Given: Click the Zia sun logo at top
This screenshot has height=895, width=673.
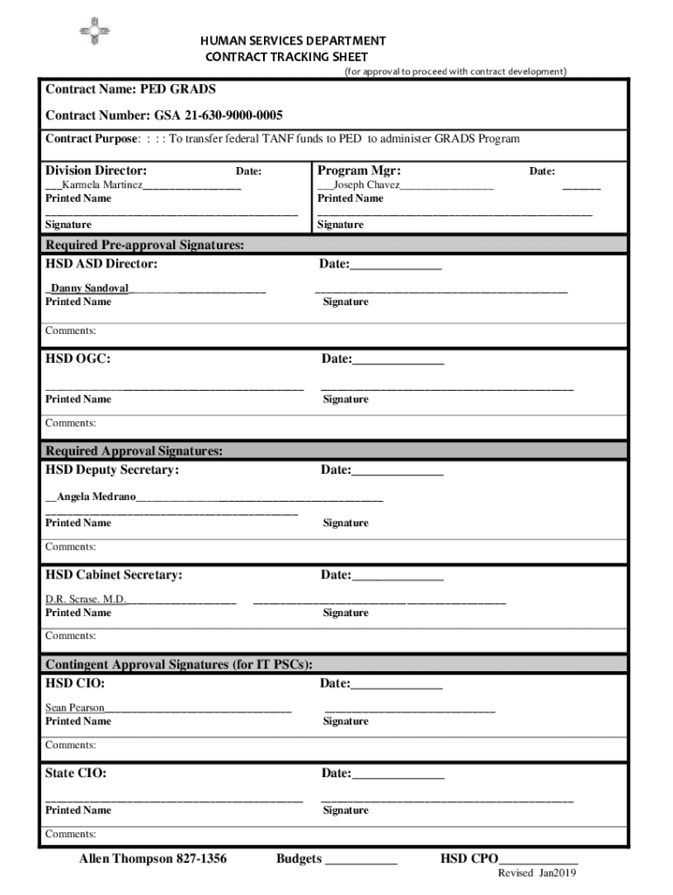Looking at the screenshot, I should pyautogui.click(x=94, y=31).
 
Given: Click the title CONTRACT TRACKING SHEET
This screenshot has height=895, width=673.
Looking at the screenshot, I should pyautogui.click(x=287, y=57).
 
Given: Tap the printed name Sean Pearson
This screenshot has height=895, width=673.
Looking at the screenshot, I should pyautogui.click(x=75, y=707).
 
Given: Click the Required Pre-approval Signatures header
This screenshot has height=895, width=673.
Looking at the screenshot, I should pyautogui.click(x=145, y=245).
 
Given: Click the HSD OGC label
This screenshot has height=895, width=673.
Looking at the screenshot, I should pyautogui.click(x=78, y=358).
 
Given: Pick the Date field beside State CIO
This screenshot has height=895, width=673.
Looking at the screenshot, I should pyautogui.click(x=397, y=774).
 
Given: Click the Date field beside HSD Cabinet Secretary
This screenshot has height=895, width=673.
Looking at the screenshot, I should pyautogui.click(x=397, y=575).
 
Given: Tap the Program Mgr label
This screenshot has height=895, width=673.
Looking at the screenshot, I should pyautogui.click(x=358, y=170).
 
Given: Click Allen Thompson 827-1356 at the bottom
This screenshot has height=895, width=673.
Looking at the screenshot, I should pyautogui.click(x=153, y=859).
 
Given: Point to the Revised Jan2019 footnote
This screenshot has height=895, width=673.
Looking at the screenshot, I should pyautogui.click(x=537, y=873).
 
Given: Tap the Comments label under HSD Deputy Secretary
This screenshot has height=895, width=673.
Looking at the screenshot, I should pyautogui.click(x=71, y=546).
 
